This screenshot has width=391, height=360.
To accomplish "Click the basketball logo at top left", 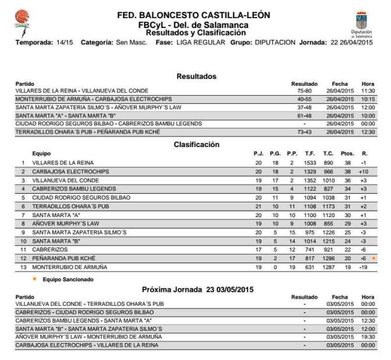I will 22,18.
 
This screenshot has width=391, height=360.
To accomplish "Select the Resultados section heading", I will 196,76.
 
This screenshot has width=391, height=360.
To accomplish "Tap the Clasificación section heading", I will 196,144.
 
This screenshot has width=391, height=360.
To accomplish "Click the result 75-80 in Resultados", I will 304,91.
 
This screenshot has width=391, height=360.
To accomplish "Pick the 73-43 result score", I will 304,132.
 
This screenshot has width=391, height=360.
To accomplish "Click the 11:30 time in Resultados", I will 368,91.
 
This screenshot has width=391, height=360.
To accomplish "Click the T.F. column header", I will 310,153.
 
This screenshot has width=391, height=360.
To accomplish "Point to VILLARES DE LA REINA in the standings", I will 62,163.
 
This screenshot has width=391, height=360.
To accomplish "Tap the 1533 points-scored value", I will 310,163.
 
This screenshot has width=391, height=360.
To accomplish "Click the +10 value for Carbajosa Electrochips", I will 364,172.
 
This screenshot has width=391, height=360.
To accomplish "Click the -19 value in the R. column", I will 364,267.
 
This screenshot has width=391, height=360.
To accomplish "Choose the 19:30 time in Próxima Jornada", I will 368,337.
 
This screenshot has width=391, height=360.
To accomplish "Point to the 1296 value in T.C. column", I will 329,258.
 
